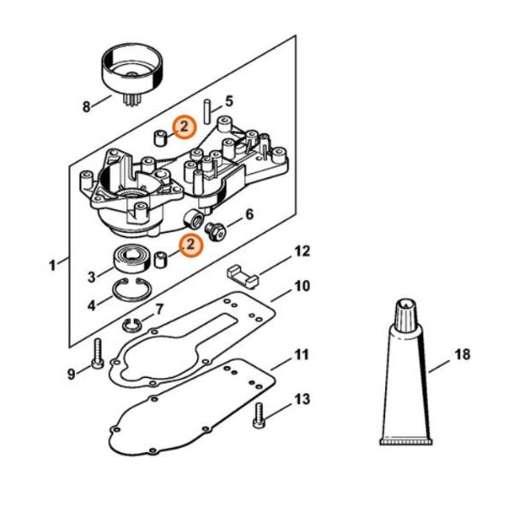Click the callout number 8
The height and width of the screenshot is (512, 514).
tap(85, 108)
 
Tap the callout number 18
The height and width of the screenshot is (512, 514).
tap(463, 354)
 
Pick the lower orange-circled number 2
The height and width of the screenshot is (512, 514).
tap(190, 245)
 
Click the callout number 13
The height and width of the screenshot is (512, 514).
tap(302, 399)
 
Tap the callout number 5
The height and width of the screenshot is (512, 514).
tap(230, 101)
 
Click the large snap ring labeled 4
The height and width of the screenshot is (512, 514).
tap(137, 294)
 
